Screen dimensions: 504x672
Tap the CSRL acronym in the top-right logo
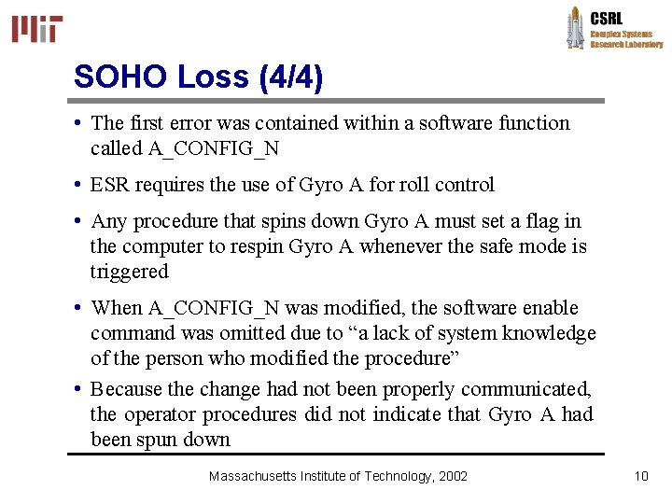coord(607,17)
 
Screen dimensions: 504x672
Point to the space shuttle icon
coord(575,27)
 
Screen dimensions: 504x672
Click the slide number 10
coord(640,476)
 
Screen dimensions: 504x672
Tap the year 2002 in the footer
coord(453,476)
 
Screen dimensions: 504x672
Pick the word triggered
coord(130,272)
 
